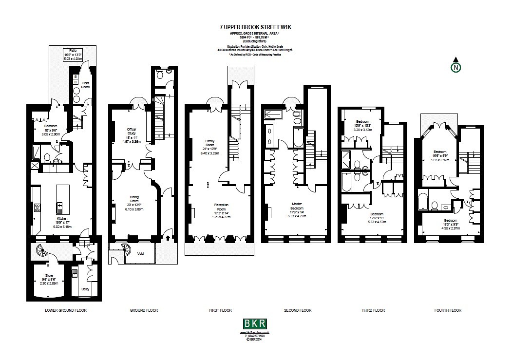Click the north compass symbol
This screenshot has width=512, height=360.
(x=455, y=67)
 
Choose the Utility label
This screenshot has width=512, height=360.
(x=85, y=289)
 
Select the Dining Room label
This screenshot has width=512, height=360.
(x=134, y=199)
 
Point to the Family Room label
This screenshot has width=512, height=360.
(x=209, y=142)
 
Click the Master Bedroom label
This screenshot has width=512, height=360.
(x=297, y=206)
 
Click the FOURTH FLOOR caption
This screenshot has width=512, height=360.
(x=447, y=310)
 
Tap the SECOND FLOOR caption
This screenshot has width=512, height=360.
(x=297, y=310)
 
